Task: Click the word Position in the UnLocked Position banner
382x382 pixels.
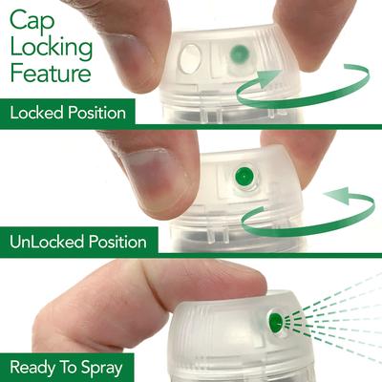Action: [119, 240]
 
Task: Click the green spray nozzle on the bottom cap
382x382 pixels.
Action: [277, 322]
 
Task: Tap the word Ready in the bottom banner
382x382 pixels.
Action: [32, 366]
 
